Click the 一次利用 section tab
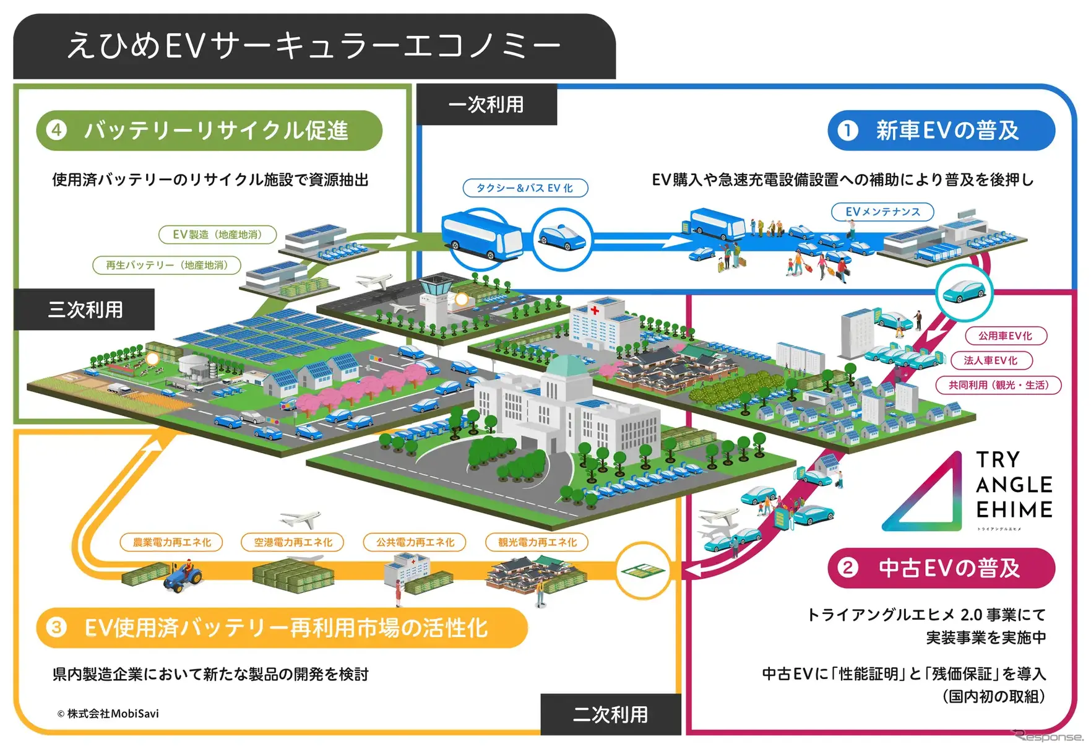point(486,105)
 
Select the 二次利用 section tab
point(610,714)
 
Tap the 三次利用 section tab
point(85,309)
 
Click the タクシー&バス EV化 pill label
point(525,188)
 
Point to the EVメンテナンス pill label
point(882,212)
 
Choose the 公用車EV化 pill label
point(1005,336)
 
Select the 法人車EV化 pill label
point(990,360)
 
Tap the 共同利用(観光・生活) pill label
point(998,385)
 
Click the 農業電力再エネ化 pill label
point(171,542)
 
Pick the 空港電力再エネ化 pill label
point(293,542)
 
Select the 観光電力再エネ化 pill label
point(537,542)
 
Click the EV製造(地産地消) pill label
point(217,235)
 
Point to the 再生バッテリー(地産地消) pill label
point(166,265)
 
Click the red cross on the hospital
point(594,310)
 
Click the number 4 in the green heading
point(57,130)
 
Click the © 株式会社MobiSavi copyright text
point(108,714)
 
